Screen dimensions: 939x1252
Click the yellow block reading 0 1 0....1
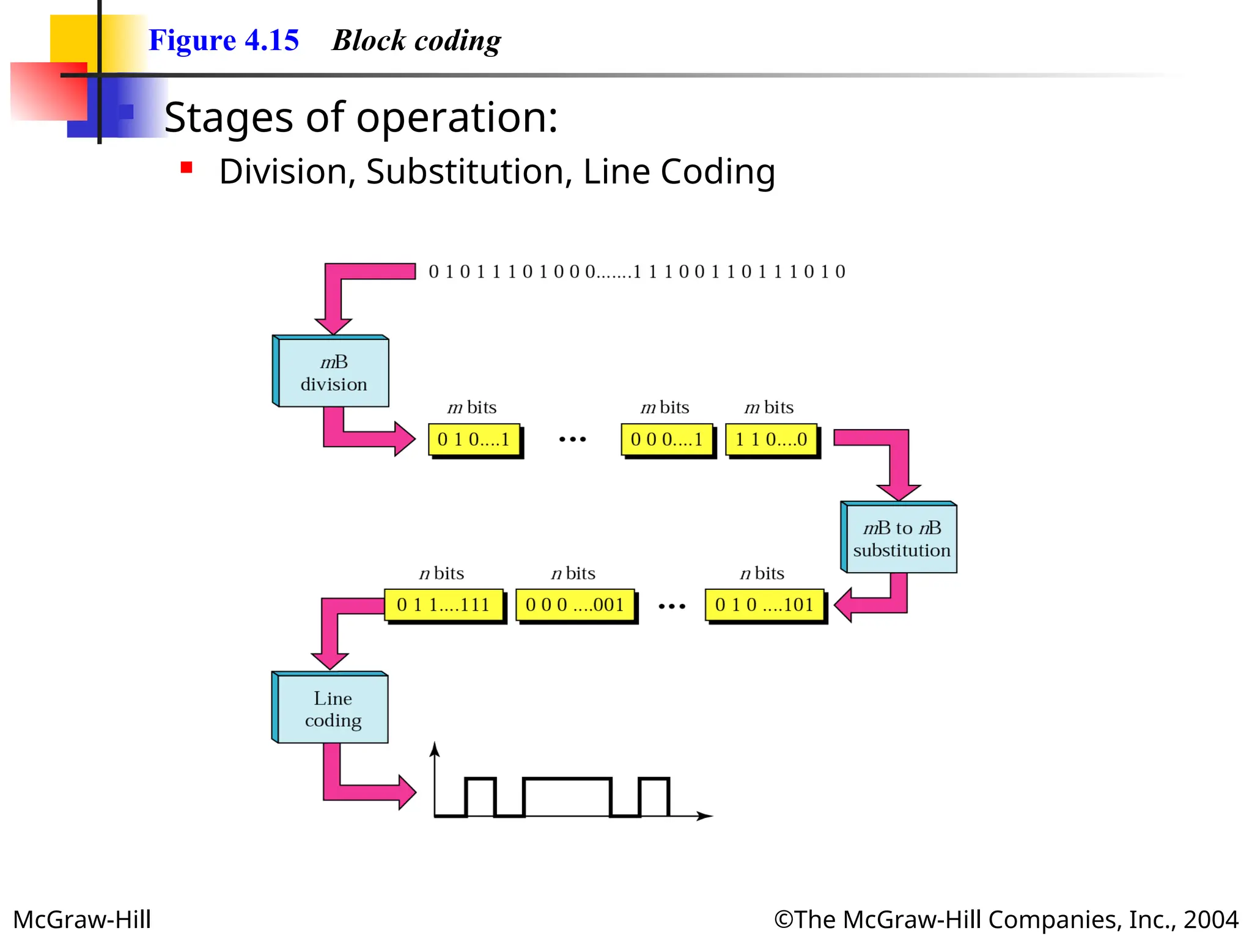tap(474, 440)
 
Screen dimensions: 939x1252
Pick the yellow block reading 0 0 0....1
tap(666, 440)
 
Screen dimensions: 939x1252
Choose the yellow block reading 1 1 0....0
tap(771, 440)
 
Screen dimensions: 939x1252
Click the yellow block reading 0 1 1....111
tap(444, 605)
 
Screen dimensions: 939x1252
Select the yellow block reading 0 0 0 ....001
tap(575, 605)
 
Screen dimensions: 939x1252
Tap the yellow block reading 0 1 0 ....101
tap(764, 605)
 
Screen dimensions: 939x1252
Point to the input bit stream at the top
tap(636, 271)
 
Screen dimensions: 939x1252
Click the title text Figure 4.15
tap(224, 40)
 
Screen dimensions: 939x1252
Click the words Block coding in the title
tap(416, 40)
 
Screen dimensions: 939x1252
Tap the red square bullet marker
tap(187, 168)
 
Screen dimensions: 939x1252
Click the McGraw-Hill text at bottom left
tap(82, 919)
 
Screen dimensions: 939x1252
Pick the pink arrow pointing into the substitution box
tap(897, 465)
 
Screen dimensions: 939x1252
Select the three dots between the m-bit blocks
tap(572, 440)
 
